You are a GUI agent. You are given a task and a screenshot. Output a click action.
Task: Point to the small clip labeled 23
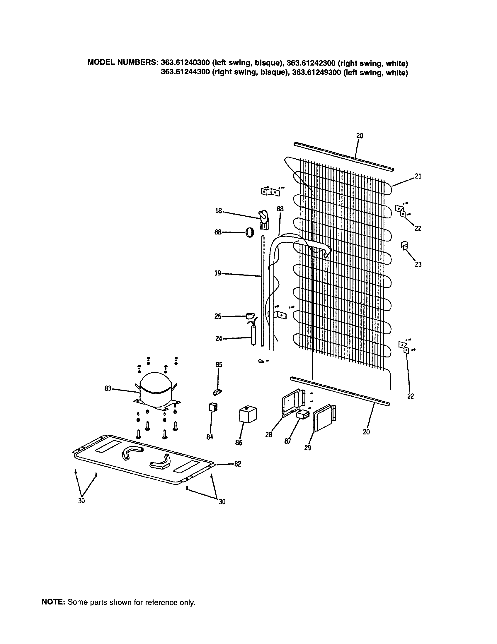[404, 245]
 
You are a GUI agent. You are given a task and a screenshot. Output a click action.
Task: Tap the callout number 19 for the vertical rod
[218, 273]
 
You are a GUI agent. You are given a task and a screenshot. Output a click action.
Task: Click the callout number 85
[219, 365]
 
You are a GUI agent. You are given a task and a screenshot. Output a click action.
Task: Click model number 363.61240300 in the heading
[185, 63]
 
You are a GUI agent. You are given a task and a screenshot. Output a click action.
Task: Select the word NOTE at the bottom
[53, 602]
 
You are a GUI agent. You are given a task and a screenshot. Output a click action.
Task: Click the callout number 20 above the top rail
[360, 136]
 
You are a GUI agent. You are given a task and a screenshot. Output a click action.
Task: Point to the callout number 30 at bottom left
[82, 501]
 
